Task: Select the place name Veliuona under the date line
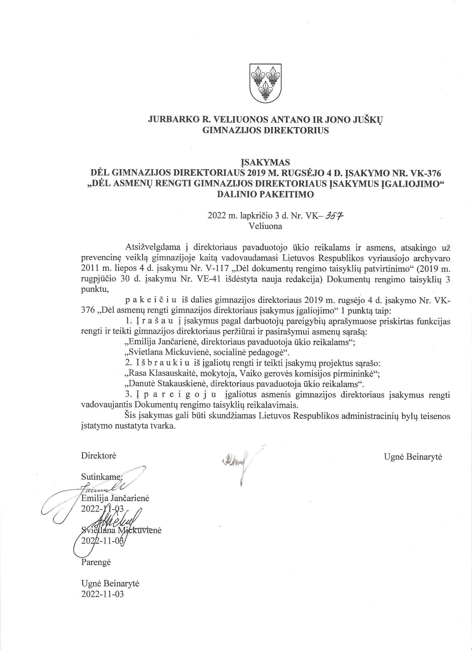coord(265,226)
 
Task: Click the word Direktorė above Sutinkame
coord(99,456)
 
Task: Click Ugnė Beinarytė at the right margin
coord(413,457)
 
